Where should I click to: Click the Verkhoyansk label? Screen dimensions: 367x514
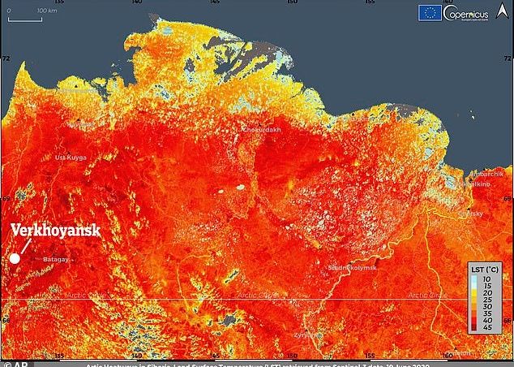[x=55, y=231]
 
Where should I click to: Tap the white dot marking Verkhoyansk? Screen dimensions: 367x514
[x=14, y=258]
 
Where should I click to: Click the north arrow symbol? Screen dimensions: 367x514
[x=503, y=11]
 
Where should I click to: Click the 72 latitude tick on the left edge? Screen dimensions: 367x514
[x=5, y=59]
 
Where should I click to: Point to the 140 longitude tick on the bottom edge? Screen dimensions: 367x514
[x=136, y=354]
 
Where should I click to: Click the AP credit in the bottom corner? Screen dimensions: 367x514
[x=11, y=362]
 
